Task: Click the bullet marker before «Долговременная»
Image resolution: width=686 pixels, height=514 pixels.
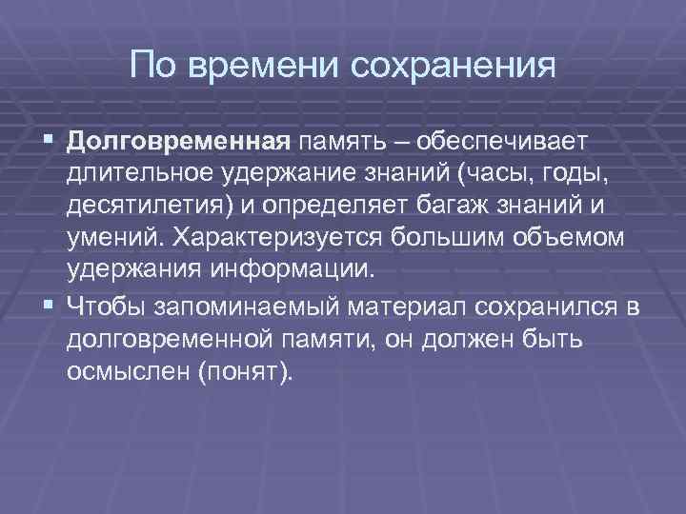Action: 50,142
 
